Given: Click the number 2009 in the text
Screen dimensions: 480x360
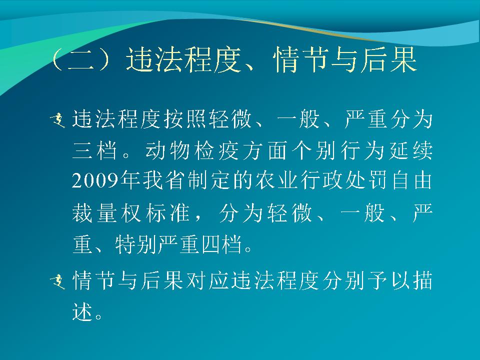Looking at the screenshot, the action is pyautogui.click(x=95, y=180).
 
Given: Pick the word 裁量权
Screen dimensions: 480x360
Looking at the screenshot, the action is pyautogui.click(x=106, y=212).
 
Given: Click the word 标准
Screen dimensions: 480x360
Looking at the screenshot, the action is pyautogui.click(x=168, y=212).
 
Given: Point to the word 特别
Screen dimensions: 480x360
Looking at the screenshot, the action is pyautogui.click(x=135, y=244).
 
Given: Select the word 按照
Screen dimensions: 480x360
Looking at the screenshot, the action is pyautogui.click(x=185, y=118).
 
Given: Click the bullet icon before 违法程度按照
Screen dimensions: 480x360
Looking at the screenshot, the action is pyautogui.click(x=58, y=120).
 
